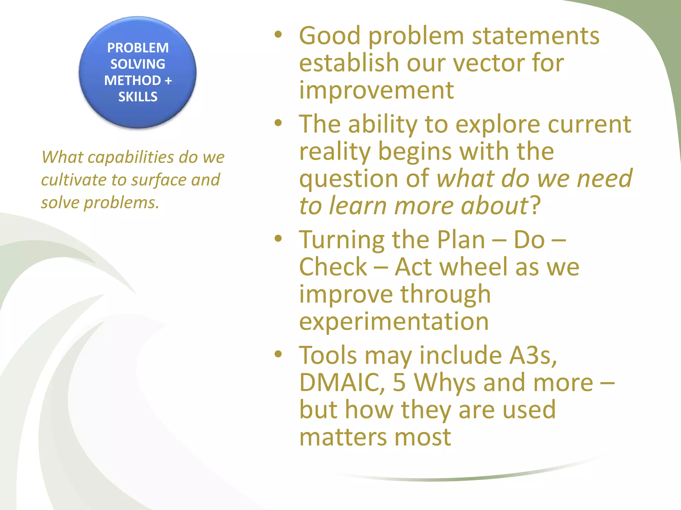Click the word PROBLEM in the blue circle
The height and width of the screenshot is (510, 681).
pyautogui.click(x=138, y=48)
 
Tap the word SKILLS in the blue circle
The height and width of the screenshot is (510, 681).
pyautogui.click(x=138, y=97)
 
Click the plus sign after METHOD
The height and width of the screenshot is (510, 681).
pyautogui.click(x=168, y=81)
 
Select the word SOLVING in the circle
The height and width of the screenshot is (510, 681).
pyautogui.click(x=138, y=64)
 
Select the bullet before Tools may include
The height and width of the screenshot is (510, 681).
pyautogui.click(x=278, y=354)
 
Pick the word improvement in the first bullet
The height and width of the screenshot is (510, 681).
pyautogui.click(x=376, y=90)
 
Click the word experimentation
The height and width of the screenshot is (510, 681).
pyautogui.click(x=394, y=321)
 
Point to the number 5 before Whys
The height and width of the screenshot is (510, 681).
pyautogui.click(x=399, y=382)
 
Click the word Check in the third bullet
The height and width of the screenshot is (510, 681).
pyautogui.click(x=333, y=267)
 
